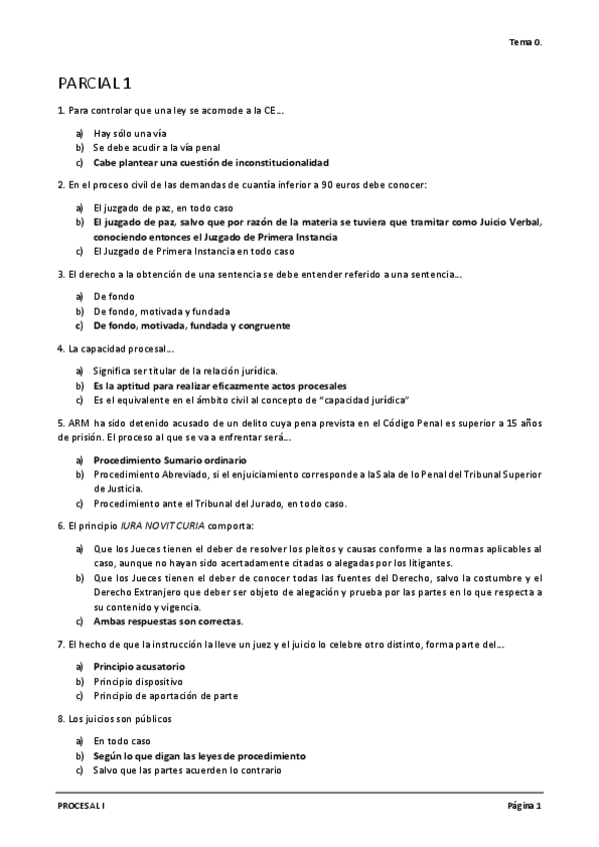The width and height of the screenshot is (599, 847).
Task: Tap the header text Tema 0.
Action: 525,42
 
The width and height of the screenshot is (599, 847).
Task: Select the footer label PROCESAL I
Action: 80,805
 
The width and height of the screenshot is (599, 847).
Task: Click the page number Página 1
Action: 523,805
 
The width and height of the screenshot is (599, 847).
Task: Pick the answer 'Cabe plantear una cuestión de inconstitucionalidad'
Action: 211,162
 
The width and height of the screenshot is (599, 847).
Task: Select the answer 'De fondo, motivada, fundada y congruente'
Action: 192,326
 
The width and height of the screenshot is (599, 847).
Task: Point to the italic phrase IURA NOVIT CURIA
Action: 160,526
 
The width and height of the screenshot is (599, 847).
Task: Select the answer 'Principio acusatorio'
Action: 139,665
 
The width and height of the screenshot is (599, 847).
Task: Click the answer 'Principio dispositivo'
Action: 137,680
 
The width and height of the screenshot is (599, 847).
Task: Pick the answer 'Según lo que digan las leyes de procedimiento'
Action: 199,756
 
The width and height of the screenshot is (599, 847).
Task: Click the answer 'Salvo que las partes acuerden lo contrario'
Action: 188,770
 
